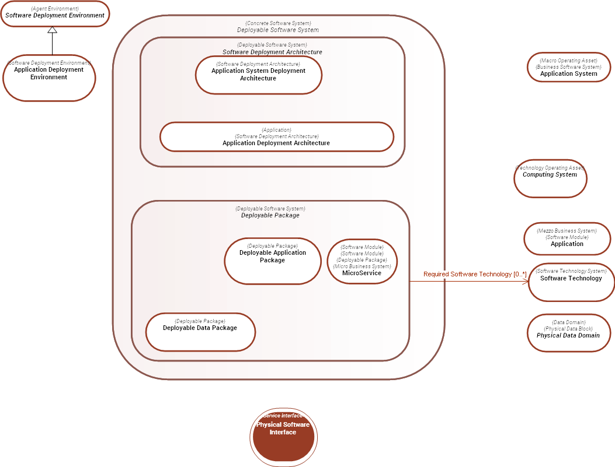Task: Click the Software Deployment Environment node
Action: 55,13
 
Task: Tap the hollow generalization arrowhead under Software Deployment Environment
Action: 53,30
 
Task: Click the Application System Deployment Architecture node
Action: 258,75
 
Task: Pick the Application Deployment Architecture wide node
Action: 276,137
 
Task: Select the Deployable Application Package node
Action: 272,261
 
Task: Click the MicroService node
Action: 362,262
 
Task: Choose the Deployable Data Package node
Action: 200,332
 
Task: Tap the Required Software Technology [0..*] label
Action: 475,274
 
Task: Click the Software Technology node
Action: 571,282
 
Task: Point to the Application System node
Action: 568,68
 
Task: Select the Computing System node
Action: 550,179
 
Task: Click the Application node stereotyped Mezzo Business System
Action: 567,238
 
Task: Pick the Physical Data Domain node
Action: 568,333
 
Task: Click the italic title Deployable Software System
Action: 278,30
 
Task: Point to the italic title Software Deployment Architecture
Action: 272,52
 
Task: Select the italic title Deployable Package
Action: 270,215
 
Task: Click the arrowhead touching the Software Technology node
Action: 525,281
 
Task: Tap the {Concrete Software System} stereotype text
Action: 278,23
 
